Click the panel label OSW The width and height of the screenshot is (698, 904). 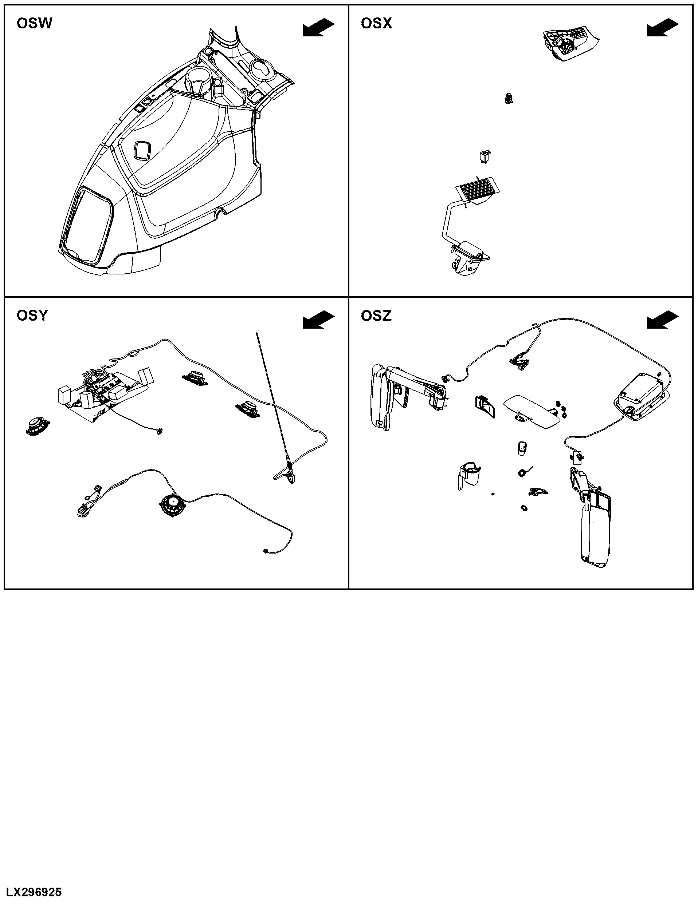(34, 23)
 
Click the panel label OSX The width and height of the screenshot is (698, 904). (376, 23)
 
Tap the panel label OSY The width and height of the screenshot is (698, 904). (32, 316)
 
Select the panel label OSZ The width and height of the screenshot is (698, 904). (376, 316)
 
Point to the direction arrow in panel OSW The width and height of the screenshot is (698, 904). (318, 28)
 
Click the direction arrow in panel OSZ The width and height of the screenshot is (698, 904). (663, 320)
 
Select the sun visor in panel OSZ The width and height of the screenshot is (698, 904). (532, 412)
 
